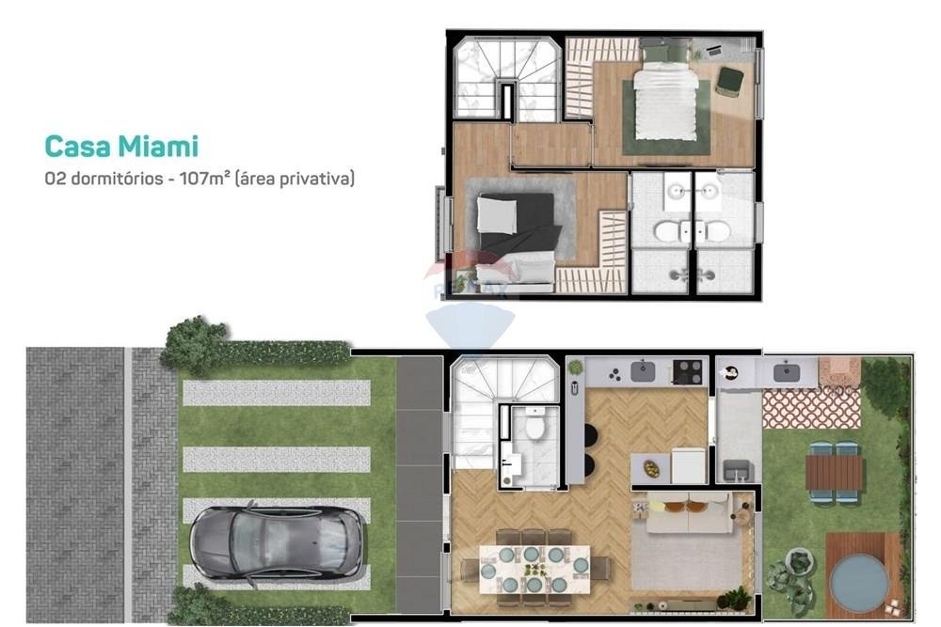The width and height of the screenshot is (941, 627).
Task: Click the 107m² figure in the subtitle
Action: click(205, 178)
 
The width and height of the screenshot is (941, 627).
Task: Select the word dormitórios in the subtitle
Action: click(117, 178)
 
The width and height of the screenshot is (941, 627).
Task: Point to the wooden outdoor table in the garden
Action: click(834, 472)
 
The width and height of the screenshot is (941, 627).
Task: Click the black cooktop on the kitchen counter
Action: click(688, 371)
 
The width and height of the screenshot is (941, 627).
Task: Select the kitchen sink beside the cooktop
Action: click(643, 371)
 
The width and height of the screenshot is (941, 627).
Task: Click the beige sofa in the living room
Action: click(690, 513)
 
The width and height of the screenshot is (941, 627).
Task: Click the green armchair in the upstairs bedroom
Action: click(729, 81)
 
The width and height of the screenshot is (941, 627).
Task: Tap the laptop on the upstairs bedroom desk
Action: click(713, 51)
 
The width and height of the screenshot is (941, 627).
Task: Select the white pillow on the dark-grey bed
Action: click(496, 215)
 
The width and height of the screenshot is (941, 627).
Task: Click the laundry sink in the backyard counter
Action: click(786, 373)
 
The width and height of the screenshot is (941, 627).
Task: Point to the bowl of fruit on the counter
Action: click(651, 469)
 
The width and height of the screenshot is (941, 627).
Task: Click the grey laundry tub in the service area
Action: click(739, 471)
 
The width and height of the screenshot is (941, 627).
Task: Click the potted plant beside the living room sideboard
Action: click(734, 599)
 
